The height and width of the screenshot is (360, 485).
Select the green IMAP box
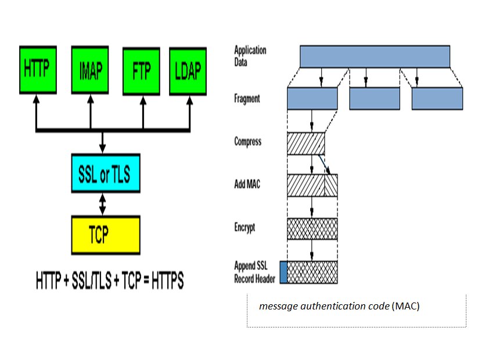(x=90, y=71)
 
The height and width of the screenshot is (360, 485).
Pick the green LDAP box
(x=188, y=71)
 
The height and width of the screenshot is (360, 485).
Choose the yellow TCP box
(x=105, y=235)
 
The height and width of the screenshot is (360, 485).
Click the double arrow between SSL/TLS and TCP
(x=103, y=204)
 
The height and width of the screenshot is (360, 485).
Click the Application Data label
(x=250, y=56)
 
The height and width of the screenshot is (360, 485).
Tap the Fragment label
(x=247, y=99)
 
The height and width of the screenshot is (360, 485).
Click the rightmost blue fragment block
(x=437, y=99)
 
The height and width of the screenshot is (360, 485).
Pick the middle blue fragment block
(x=375, y=99)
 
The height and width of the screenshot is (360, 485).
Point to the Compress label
(x=247, y=142)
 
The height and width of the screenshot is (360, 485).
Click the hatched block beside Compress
(x=306, y=143)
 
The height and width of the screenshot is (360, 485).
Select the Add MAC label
(x=247, y=185)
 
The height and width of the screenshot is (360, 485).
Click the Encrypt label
(x=245, y=228)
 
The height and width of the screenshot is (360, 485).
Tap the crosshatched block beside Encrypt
(x=312, y=228)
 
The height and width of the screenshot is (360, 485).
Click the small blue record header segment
(x=283, y=272)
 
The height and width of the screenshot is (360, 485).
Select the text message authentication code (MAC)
(x=339, y=306)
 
